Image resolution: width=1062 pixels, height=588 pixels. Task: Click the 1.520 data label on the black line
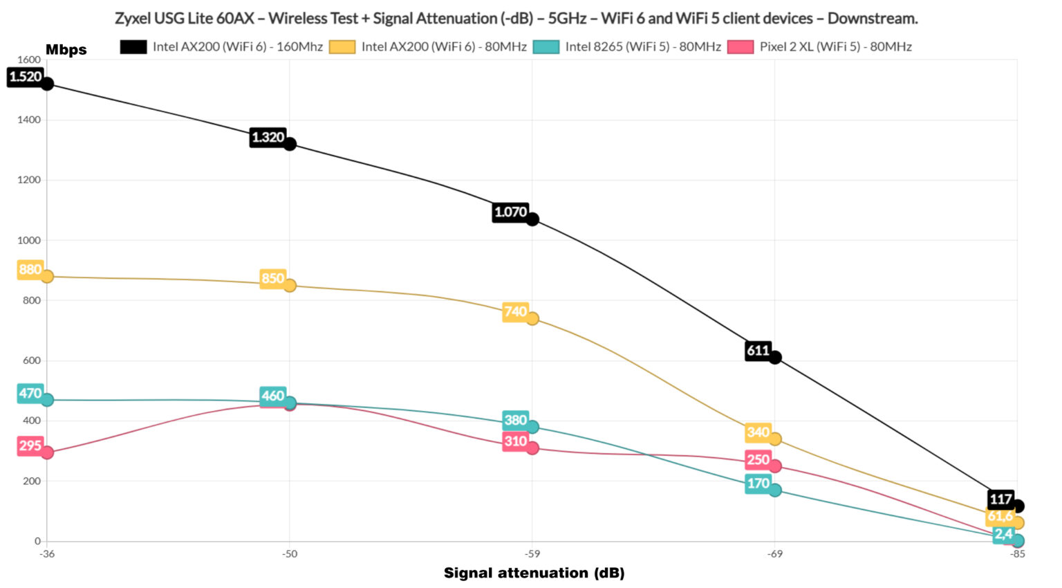pos(26,77)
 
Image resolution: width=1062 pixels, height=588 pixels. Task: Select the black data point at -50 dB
pos(290,144)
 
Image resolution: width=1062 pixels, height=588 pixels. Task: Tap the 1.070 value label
pos(510,212)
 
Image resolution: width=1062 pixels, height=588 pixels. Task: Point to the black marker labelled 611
pos(775,357)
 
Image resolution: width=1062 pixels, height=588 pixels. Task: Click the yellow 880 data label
pos(30,269)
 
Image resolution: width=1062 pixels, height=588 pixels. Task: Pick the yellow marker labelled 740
pos(532,319)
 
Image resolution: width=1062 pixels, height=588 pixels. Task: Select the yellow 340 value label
pos(758,432)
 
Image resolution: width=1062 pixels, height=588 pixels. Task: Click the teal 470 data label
pos(30,394)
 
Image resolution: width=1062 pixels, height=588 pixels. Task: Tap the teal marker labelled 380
pos(532,427)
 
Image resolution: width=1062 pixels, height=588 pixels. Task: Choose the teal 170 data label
pos(758,484)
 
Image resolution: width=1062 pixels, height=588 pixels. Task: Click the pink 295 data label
pos(30,445)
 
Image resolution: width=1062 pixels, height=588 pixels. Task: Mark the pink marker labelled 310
pos(532,448)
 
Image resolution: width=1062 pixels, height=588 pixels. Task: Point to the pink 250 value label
pos(758,460)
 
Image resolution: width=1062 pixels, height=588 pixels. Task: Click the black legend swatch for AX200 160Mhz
pos(133,47)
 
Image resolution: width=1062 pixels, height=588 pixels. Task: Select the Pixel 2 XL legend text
pos(835,47)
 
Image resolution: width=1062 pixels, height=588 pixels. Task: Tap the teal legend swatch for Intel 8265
pos(546,47)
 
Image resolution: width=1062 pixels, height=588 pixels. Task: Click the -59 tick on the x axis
pos(532,554)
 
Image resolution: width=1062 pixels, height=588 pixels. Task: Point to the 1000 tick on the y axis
pos(29,240)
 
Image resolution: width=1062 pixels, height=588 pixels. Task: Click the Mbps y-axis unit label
pos(66,50)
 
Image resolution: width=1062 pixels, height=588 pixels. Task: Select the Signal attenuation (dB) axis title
pos(534,573)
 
